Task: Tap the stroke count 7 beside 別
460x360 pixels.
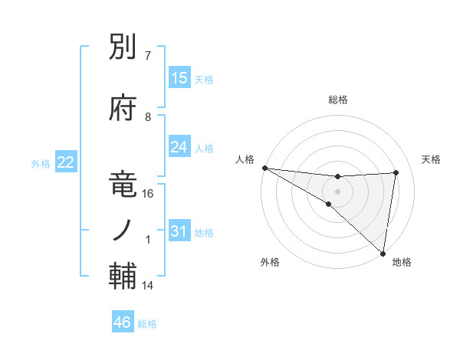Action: click(x=148, y=56)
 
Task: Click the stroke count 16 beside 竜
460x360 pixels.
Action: click(x=148, y=194)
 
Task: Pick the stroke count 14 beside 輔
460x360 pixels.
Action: click(x=148, y=286)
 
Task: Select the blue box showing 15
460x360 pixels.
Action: click(x=179, y=78)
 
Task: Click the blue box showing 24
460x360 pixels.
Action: click(x=179, y=147)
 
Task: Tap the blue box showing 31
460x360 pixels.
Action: click(x=179, y=231)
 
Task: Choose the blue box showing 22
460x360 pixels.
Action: click(x=66, y=162)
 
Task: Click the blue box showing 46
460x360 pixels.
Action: click(x=123, y=322)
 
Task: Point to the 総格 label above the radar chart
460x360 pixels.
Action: click(x=338, y=100)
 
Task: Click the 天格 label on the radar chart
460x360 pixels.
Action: click(x=431, y=159)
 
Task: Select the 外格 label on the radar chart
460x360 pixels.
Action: click(x=269, y=262)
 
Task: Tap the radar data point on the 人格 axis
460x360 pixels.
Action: click(x=264, y=168)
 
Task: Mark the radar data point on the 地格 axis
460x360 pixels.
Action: click(x=383, y=253)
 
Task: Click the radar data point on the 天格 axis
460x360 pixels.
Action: click(x=396, y=172)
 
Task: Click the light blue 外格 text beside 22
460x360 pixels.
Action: click(x=41, y=163)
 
